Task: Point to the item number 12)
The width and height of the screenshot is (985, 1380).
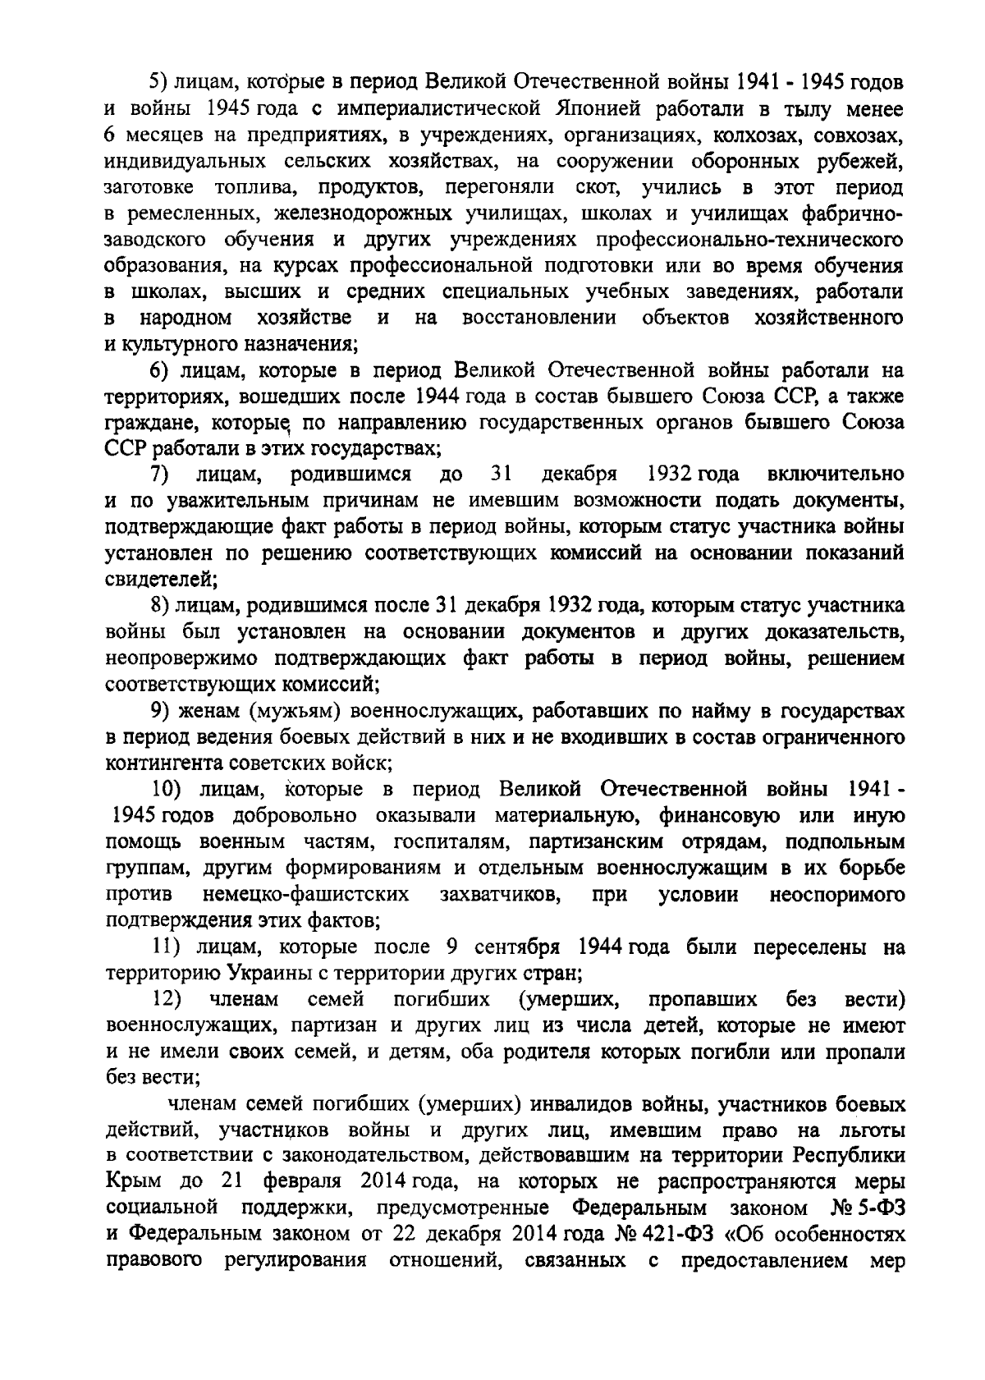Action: point(167,999)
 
